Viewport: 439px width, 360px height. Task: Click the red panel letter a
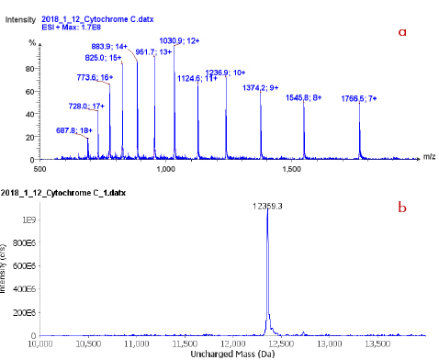401,30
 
